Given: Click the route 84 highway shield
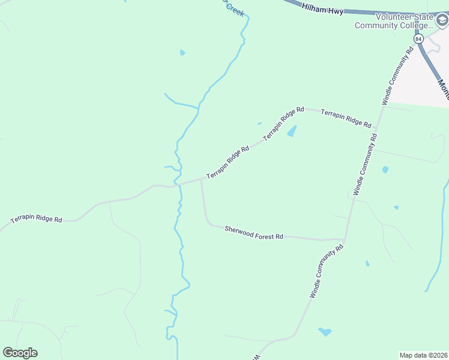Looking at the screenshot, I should point(418,38).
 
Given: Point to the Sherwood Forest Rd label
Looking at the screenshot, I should point(253,233).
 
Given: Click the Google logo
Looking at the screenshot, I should point(20,353).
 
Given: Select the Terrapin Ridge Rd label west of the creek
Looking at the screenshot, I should point(36,219).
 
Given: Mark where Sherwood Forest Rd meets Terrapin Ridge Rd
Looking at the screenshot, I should point(200,179).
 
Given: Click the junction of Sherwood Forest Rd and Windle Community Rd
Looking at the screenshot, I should point(345,240).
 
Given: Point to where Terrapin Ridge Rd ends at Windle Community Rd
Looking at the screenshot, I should point(375,128).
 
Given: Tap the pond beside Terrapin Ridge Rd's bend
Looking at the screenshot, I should point(292,131).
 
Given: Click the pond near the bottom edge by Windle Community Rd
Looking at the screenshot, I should point(325,331).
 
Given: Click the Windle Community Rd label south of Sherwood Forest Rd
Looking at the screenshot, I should point(326,271).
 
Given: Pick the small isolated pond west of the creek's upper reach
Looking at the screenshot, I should point(182,53).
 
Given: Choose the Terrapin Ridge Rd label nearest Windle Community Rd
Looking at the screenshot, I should point(345,118).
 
